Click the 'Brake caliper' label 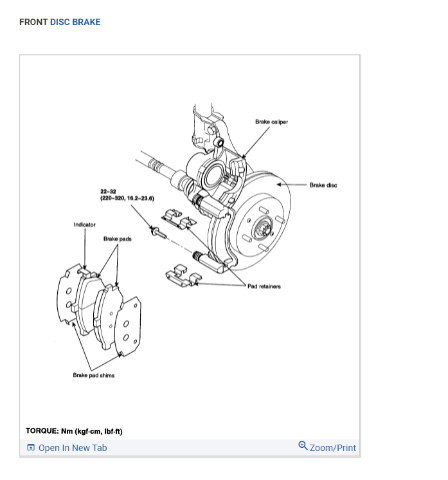(x=271, y=122)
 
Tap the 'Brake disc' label (x=323, y=185)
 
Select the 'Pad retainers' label (x=264, y=286)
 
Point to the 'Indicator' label (x=85, y=225)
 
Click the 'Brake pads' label (x=118, y=239)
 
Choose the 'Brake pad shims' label (x=94, y=375)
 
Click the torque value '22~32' (x=107, y=192)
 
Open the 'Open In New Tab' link (x=73, y=448)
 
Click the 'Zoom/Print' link (x=332, y=448)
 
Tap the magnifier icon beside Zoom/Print (x=303, y=446)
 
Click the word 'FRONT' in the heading (x=33, y=22)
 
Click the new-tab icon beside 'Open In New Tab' (x=30, y=448)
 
